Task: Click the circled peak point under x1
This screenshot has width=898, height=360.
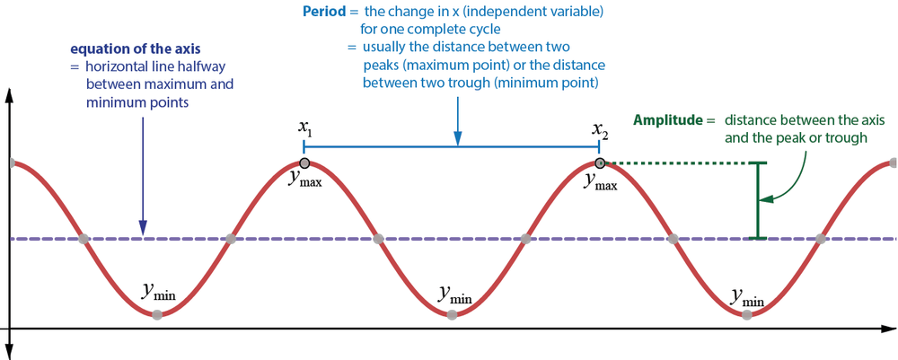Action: click(x=304, y=163)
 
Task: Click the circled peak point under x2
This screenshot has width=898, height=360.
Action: click(x=600, y=163)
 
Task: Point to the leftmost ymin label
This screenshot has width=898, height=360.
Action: click(x=158, y=291)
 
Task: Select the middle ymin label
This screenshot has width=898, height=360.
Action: click(x=454, y=292)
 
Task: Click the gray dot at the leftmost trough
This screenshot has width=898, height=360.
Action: click(x=157, y=314)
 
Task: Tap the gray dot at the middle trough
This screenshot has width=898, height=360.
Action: click(x=452, y=314)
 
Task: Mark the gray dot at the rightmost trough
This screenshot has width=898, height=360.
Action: click(x=746, y=314)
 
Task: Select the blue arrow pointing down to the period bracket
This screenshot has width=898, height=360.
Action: click(x=457, y=117)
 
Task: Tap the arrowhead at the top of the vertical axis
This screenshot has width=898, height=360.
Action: click(x=9, y=96)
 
